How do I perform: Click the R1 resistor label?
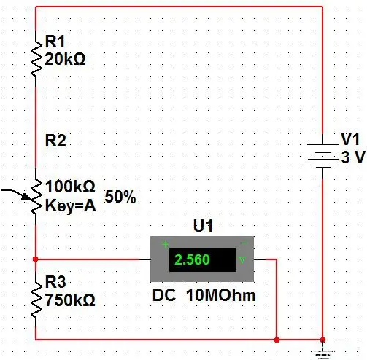pos(55,42)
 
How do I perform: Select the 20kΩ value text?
pos(65,59)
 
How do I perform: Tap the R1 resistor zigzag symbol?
pos(36,58)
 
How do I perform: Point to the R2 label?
pos(55,141)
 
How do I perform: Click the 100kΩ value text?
pos(70,187)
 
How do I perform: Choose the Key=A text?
pos(71,206)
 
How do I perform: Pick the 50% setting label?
pos(120,197)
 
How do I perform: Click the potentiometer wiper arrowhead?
pos(27,197)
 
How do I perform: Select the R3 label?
pos(55,282)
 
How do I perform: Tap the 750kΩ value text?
pos(70,300)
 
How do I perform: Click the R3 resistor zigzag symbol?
pos(36,300)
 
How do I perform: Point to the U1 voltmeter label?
pos(203,226)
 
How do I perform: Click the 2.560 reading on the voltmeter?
pos(192,259)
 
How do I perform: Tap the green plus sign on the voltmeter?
pos(165,244)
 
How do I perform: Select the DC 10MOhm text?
pos(204,295)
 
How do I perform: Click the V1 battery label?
pos(350,139)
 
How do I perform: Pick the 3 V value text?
pos(353,157)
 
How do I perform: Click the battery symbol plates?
pos(322,156)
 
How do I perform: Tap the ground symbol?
pos(322,353)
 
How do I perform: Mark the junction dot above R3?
pos(35,259)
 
